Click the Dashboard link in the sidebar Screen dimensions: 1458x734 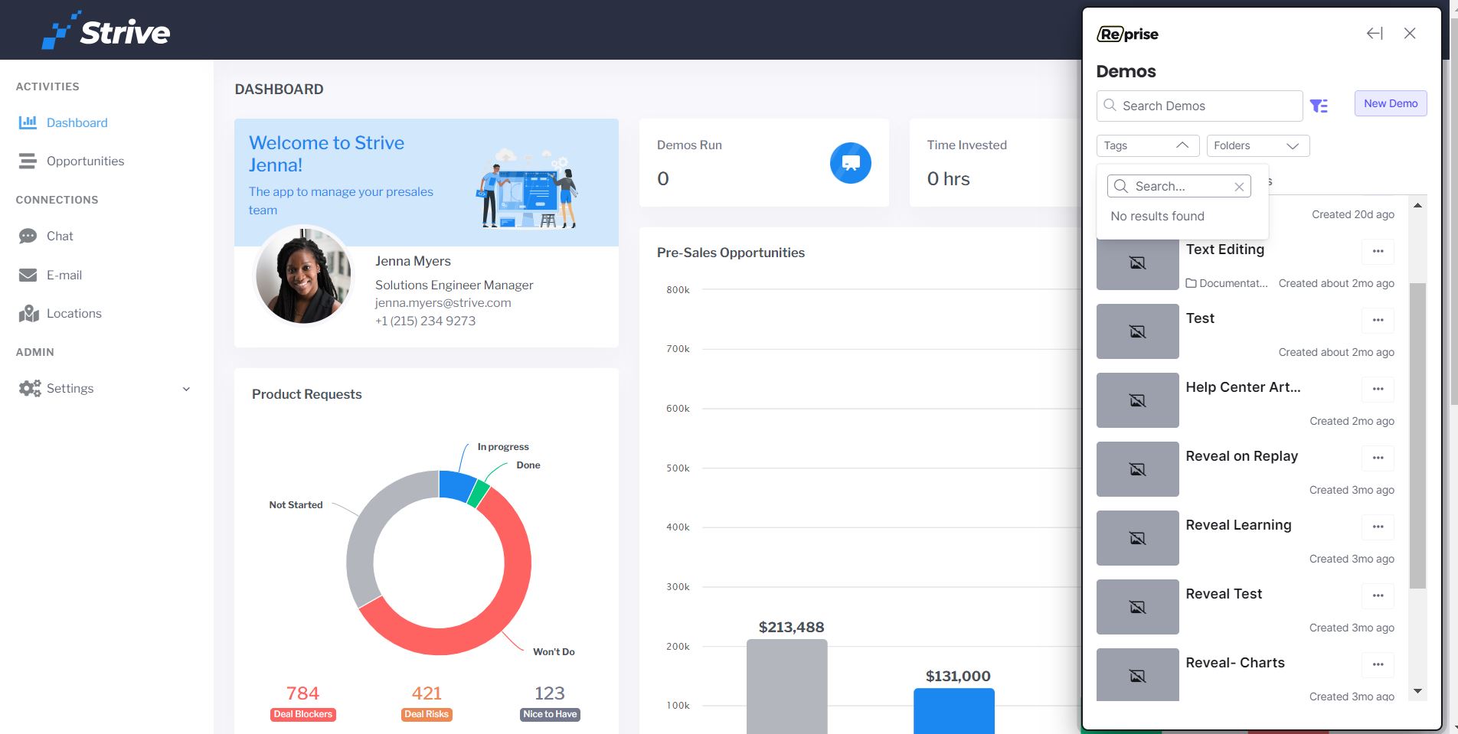[x=77, y=122]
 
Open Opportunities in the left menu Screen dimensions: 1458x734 [x=85, y=161]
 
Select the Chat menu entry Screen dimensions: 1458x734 [x=60, y=236]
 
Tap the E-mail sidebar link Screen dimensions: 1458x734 [x=64, y=275]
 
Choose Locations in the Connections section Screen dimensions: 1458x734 [x=74, y=313]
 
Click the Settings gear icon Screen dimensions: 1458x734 [x=30, y=388]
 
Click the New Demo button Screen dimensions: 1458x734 [x=1391, y=103]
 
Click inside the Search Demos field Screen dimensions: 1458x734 [x=1200, y=106]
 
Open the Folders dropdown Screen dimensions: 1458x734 [x=1258, y=145]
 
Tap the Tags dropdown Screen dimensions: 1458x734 [x=1147, y=145]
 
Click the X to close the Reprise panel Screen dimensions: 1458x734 [x=1410, y=34]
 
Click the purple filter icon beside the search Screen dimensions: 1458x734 [x=1319, y=106]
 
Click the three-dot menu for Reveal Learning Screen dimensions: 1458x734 [x=1378, y=527]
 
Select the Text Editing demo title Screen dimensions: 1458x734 [x=1224, y=250]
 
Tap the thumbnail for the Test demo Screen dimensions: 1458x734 [x=1138, y=331]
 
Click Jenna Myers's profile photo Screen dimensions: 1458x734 [x=303, y=276]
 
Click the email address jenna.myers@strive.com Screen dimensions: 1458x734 [x=443, y=302]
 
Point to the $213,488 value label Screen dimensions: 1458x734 [x=791, y=628]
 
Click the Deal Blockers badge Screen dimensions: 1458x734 [x=303, y=714]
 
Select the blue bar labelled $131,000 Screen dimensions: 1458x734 [x=954, y=711]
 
